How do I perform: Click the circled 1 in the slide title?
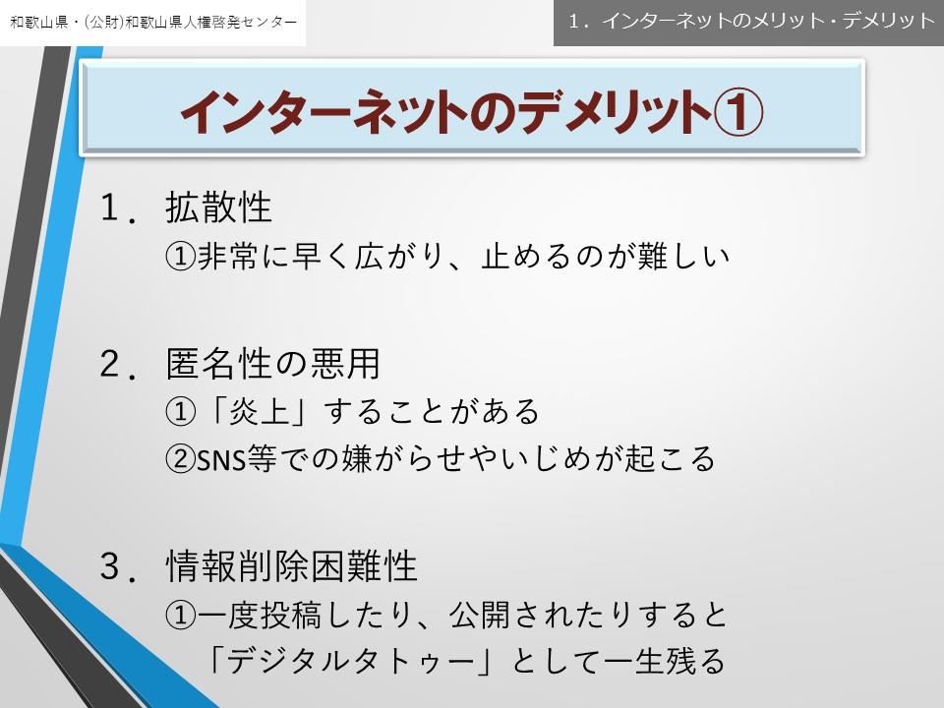pos(738,112)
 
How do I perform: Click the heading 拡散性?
pos(218,207)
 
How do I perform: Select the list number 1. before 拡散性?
pos(118,208)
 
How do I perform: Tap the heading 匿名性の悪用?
pos(272,364)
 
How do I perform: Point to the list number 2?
pos(118,364)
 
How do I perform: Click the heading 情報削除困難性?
pos(291,566)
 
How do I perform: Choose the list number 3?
pos(118,567)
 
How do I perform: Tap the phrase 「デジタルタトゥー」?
pos(352,661)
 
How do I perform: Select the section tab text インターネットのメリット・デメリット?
pos(768,21)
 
